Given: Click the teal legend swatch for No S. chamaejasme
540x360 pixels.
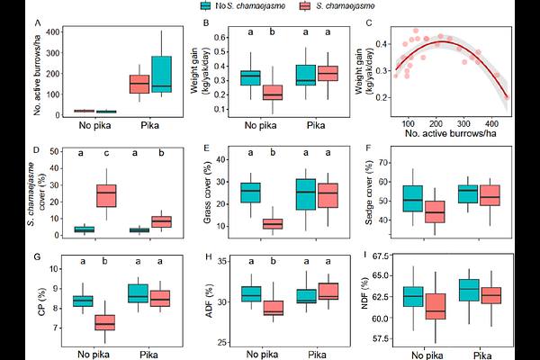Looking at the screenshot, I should [x=209, y=6].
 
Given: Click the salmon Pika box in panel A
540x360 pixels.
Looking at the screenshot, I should [x=139, y=83].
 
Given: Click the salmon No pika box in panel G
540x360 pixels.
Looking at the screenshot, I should [x=106, y=320].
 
